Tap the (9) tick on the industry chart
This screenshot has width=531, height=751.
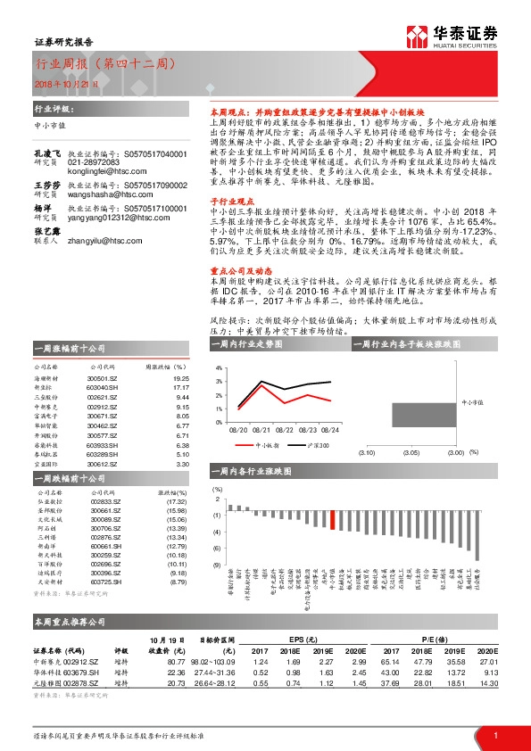(217, 565)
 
